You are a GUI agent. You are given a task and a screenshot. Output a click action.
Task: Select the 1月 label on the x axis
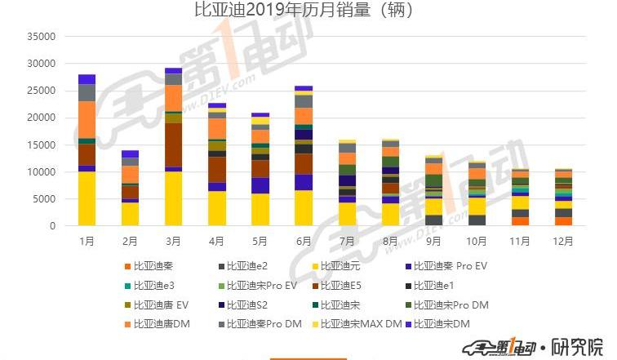pos(87,242)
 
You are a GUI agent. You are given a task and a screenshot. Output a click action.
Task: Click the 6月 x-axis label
pos(303,242)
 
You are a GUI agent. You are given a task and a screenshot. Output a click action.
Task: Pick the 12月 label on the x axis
pos(562,242)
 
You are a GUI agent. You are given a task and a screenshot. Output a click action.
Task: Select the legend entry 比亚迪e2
pos(247,265)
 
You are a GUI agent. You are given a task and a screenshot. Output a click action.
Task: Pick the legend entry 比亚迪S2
pos(247,305)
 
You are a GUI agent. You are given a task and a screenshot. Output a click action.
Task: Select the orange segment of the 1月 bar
pos(87,119)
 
